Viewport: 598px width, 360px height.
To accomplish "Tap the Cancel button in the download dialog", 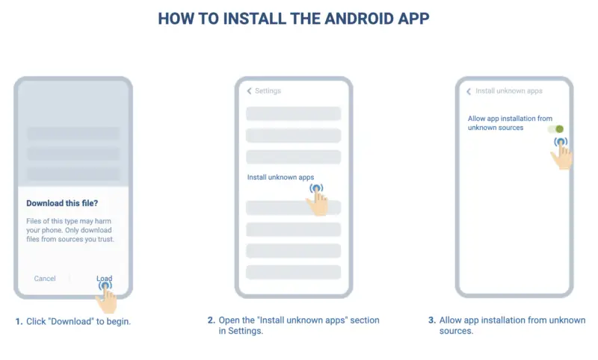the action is pos(45,279).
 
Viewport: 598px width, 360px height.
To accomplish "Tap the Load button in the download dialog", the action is pos(104,279).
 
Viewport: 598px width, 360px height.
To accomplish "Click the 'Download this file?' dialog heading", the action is pos(62,203).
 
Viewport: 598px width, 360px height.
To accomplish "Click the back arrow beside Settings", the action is pos(249,90).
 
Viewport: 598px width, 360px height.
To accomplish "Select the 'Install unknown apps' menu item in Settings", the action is pos(280,177).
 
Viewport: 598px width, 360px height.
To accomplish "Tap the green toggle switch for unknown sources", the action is pos(555,129).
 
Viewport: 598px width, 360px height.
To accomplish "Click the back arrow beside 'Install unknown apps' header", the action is pos(469,91).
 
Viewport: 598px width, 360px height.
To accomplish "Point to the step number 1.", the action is pos(19,321).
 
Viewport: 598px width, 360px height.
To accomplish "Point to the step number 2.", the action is pos(212,320).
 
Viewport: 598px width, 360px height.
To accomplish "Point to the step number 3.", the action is pos(432,320).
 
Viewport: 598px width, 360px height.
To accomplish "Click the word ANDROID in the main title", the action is pos(357,19).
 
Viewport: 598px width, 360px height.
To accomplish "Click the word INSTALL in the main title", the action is pos(253,19).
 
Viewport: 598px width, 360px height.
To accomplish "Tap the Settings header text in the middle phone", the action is pos(268,90).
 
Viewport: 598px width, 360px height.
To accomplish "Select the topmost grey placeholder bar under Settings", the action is pos(293,114).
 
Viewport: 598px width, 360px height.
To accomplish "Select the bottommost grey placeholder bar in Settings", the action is pos(293,272).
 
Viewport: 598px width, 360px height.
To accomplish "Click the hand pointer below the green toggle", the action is pos(561,154).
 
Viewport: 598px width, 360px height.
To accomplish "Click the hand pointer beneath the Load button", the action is pos(106,297).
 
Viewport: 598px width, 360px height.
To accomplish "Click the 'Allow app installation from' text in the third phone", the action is pos(510,119).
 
